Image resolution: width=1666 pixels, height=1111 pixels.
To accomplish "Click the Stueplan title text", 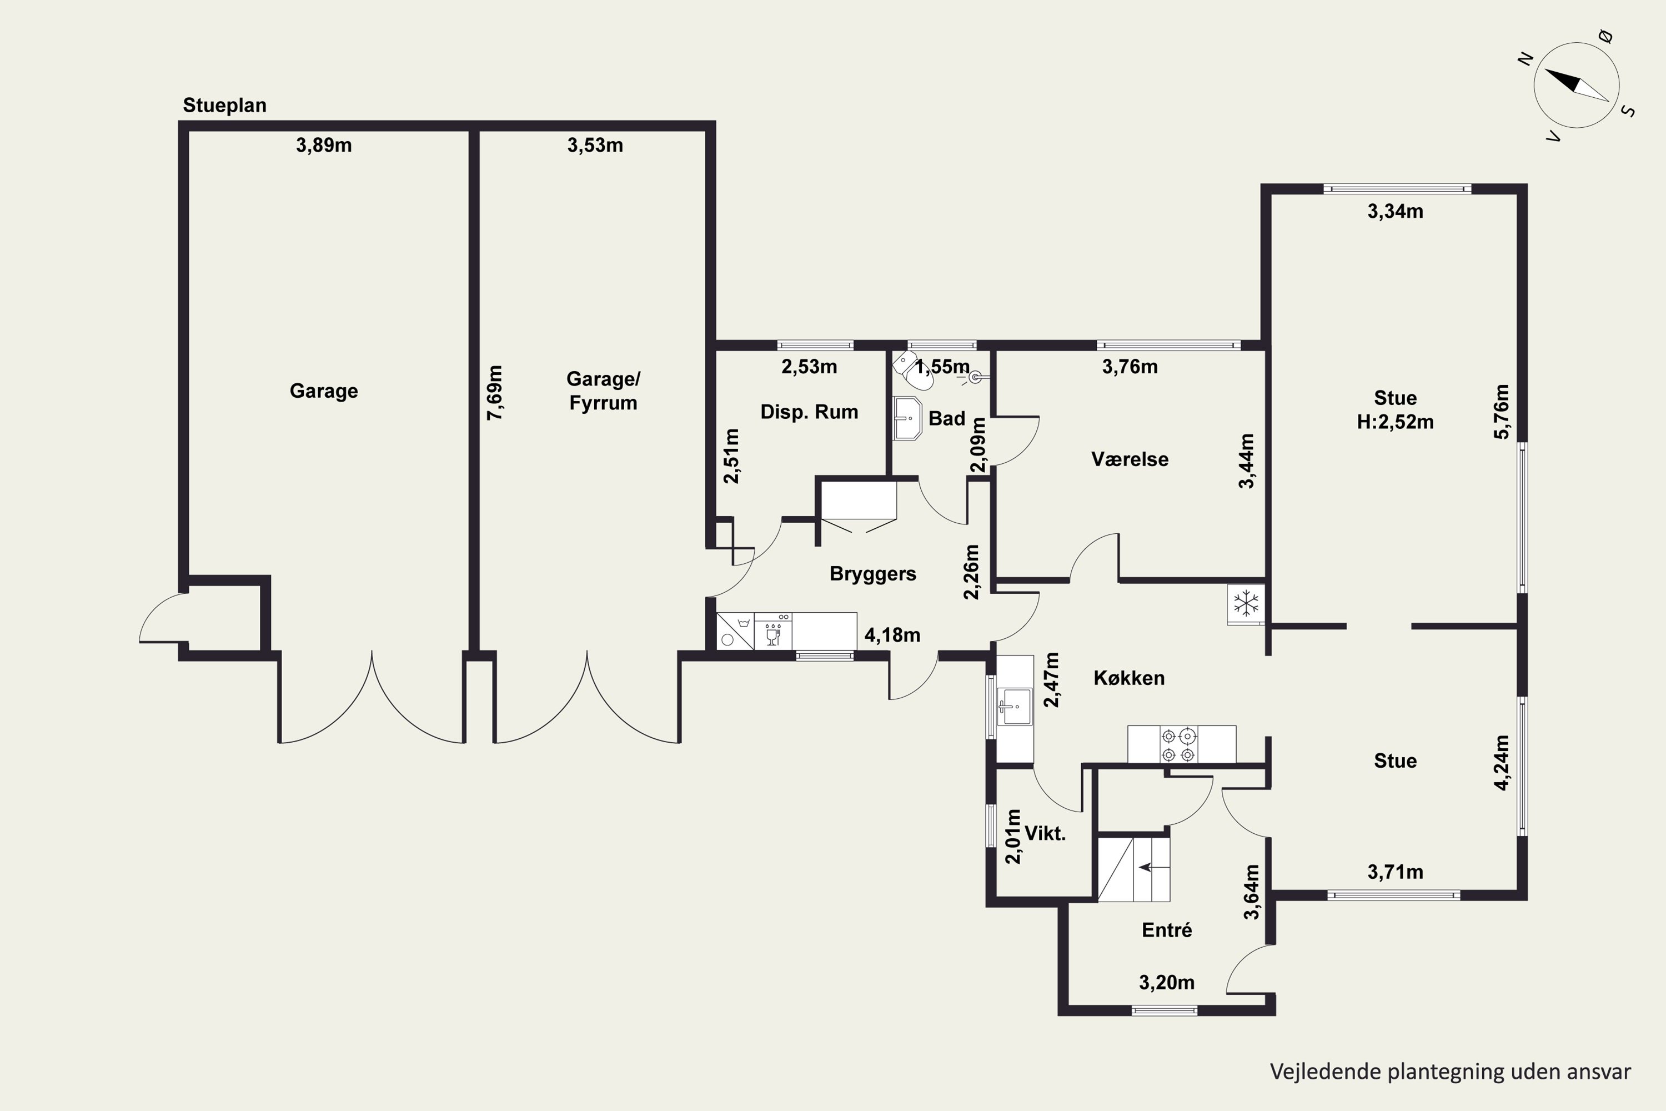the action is (x=224, y=106).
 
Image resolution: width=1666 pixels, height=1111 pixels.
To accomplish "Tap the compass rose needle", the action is (x=1576, y=85).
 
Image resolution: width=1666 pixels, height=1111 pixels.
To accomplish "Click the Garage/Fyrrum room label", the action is (x=603, y=391).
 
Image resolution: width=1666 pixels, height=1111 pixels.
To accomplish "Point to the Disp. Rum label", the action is (x=809, y=412).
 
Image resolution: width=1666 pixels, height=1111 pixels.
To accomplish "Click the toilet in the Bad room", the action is (x=913, y=371).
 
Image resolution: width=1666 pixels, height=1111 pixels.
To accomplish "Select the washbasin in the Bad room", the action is (x=907, y=418).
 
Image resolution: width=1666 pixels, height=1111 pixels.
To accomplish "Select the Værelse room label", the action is (x=1130, y=459).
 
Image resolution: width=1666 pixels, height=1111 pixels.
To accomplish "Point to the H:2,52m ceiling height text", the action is (x=1394, y=422).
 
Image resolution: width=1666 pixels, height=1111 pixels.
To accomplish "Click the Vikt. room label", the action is (x=1045, y=833).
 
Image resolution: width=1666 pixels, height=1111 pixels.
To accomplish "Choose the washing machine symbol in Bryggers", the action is (x=735, y=631).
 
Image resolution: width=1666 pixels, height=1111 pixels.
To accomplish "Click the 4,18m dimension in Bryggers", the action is (x=892, y=635).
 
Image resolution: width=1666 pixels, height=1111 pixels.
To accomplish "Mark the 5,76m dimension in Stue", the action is (x=1501, y=412).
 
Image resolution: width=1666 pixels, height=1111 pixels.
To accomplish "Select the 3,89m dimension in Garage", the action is (x=324, y=145).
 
